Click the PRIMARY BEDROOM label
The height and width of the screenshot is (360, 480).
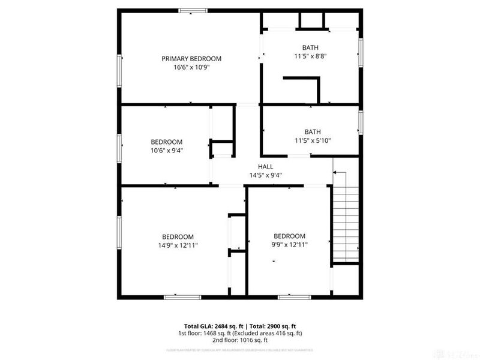pos(191,59)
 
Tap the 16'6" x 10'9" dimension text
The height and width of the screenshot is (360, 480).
pos(191,68)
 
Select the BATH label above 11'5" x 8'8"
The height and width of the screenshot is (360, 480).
pos(310,48)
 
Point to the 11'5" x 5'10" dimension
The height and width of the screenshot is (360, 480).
pos(312,141)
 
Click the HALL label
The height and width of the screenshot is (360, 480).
pos(265,167)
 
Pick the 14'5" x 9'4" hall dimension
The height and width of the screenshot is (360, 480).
pos(266,176)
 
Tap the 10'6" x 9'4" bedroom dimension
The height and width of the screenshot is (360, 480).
pos(166,151)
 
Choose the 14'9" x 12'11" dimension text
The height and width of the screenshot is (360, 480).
pos(178,245)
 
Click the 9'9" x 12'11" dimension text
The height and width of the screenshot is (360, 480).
pos(290,245)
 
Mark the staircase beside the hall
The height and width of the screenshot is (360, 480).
pos(345,216)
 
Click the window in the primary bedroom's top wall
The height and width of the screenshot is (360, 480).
pos(193,10)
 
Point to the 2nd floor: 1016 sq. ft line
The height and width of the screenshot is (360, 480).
pos(240,340)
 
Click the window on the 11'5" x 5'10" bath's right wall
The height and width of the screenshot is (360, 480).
pos(361,122)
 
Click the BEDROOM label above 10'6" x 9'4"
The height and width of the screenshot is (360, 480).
pos(166,142)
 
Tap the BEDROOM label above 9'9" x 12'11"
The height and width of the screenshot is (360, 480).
pos(290,236)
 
